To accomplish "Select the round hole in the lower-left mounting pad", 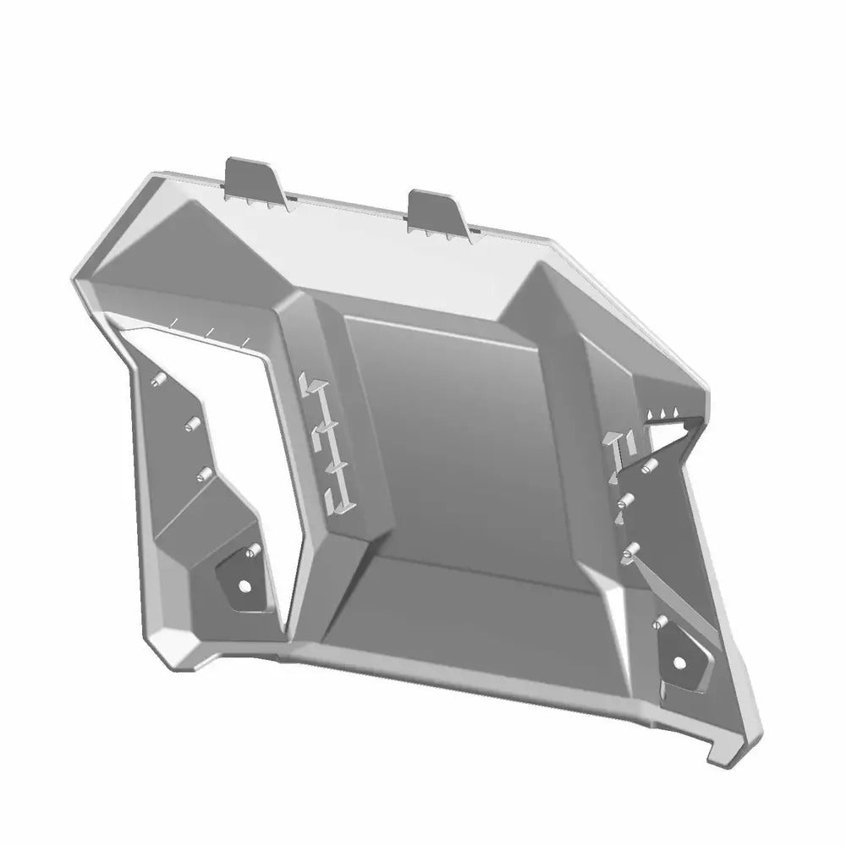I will pyautogui.click(x=244, y=585).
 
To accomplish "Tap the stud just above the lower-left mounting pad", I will pyautogui.click(x=250, y=551).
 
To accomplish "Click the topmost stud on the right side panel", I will pyautogui.click(x=649, y=468).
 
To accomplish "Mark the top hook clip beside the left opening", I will pyautogui.click(x=310, y=386).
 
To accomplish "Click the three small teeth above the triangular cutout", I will pyautogui.click(x=664, y=412).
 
